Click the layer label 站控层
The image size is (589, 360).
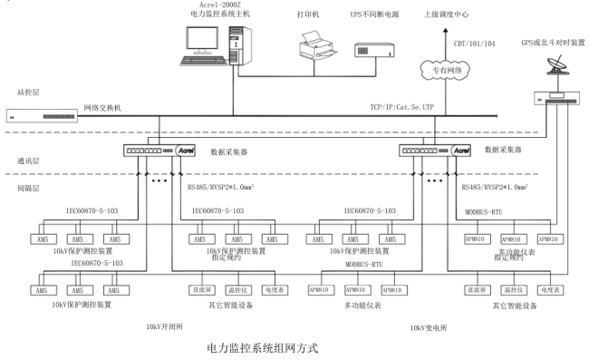pyautogui.click(x=29, y=92)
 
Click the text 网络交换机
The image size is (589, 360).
pyautogui.click(x=104, y=108)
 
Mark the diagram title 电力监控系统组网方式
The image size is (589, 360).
pyautogui.click(x=263, y=347)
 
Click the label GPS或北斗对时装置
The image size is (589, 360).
pyautogui.click(x=554, y=42)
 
